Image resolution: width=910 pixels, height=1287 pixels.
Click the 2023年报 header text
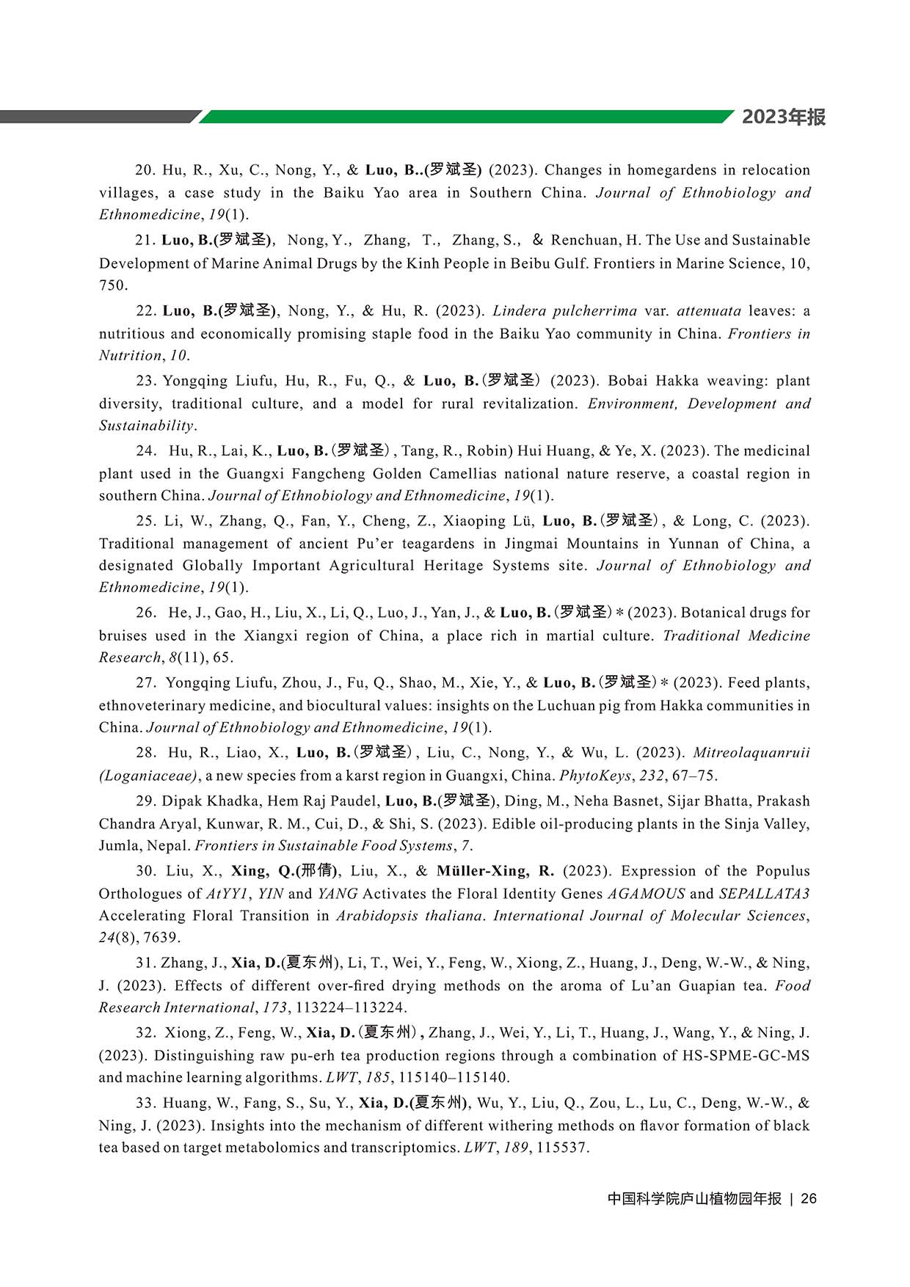783,117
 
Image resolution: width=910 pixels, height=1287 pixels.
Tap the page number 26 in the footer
809,1198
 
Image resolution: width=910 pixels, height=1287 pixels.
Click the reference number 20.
145,170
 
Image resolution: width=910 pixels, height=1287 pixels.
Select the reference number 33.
145,1103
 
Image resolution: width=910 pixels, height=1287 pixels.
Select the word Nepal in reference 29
167,846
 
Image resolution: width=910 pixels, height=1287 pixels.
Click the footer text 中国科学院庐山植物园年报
694,1198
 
